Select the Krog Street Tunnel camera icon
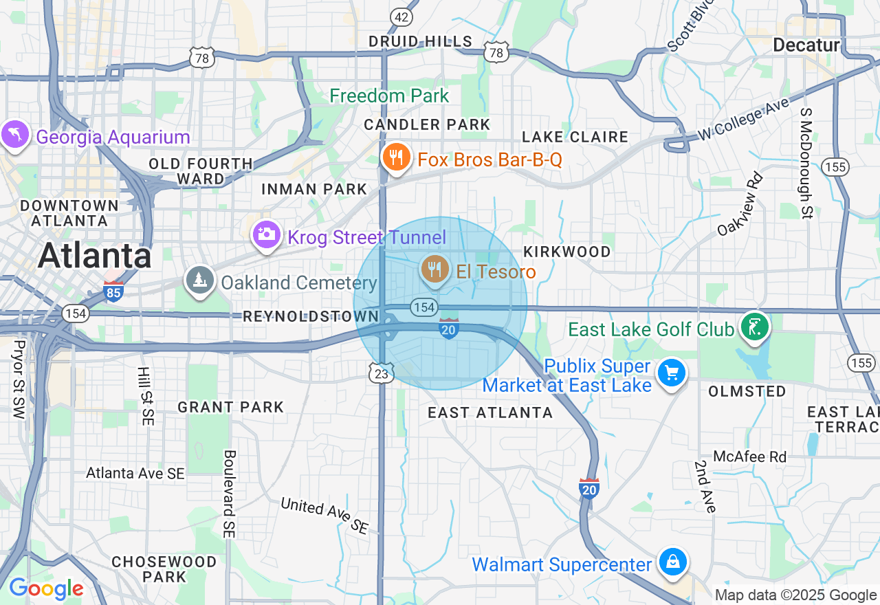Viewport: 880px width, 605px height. [x=266, y=235]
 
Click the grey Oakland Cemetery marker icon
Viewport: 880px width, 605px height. [x=199, y=280]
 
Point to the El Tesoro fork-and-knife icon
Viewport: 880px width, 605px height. [x=435, y=269]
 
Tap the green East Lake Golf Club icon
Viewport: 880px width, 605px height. [x=754, y=326]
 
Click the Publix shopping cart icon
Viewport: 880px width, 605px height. [x=672, y=373]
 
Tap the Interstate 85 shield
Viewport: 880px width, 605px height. [x=114, y=292]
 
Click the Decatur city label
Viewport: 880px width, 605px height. [x=806, y=45]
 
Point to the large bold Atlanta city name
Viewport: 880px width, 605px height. [x=94, y=256]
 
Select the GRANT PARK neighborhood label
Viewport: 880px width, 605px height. [x=231, y=407]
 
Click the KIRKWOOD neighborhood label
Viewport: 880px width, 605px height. [x=567, y=252]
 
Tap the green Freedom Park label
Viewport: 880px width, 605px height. [x=389, y=96]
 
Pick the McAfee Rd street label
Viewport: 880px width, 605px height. [x=749, y=456]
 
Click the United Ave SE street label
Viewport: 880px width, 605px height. [x=324, y=516]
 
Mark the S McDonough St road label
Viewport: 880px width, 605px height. [x=806, y=163]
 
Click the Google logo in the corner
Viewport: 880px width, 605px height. [x=46, y=588]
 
